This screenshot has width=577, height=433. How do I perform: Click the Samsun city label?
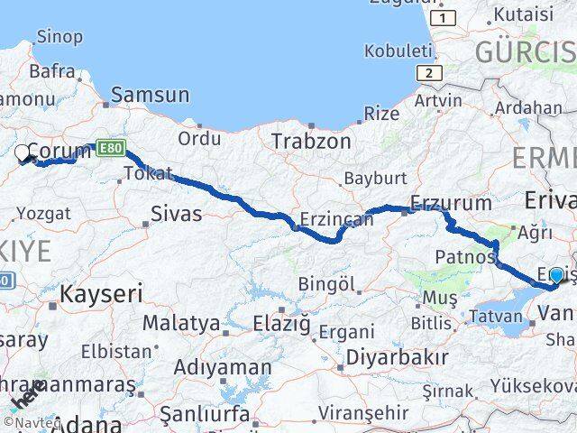pyautogui.click(x=150, y=95)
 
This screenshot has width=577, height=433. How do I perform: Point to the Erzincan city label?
pyautogui.click(x=335, y=219)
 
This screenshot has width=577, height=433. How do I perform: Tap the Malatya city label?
pyautogui.click(x=181, y=322)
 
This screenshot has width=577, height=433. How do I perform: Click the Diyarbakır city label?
pyautogui.click(x=398, y=356)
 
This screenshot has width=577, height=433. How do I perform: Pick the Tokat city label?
pyautogui.click(x=148, y=173)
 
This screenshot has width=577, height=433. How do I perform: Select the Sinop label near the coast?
pyautogui.click(x=60, y=37)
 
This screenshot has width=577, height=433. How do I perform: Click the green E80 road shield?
pyautogui.click(x=110, y=146)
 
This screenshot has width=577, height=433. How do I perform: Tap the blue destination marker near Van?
pyautogui.click(x=556, y=276)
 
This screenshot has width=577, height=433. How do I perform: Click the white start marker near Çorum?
pyautogui.click(x=23, y=153)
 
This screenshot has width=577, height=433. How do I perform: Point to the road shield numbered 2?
pyautogui.click(x=431, y=73)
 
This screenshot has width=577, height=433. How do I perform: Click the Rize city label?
pyautogui.click(x=381, y=114)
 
